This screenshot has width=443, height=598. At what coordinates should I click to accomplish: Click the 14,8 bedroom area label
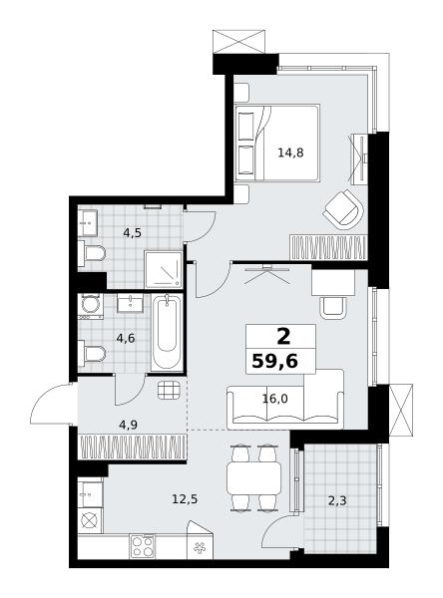tap(290, 152)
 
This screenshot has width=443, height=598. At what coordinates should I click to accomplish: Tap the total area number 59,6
tap(275, 361)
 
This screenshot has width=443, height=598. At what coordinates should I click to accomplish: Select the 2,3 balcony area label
tap(337, 500)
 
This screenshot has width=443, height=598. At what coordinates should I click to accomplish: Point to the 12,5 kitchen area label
tap(185, 498)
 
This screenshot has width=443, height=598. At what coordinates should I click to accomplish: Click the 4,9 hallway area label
tap(129, 425)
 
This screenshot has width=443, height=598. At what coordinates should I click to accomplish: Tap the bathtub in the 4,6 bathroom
tap(167, 332)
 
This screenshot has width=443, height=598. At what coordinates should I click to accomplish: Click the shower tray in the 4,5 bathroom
tap(164, 270)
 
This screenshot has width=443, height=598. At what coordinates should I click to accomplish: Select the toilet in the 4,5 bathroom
tap(92, 253)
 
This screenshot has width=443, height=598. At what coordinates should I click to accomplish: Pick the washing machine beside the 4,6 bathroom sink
tap(91, 306)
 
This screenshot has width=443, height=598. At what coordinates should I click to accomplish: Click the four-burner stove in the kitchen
tap(143, 546)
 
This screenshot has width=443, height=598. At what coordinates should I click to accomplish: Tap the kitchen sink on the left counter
tap(91, 494)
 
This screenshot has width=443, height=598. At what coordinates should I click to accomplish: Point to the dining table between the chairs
tap(254, 478)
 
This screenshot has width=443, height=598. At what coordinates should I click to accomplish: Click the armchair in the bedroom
tap(344, 209)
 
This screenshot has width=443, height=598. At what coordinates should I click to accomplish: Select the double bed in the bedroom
tap(277, 143)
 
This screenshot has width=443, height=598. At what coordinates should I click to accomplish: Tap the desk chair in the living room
tap(333, 308)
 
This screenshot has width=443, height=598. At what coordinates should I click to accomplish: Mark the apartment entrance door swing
tap(51, 403)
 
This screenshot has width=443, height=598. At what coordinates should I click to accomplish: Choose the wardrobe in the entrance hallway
tap(132, 447)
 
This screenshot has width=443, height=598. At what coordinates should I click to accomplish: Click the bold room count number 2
tap(283, 337)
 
